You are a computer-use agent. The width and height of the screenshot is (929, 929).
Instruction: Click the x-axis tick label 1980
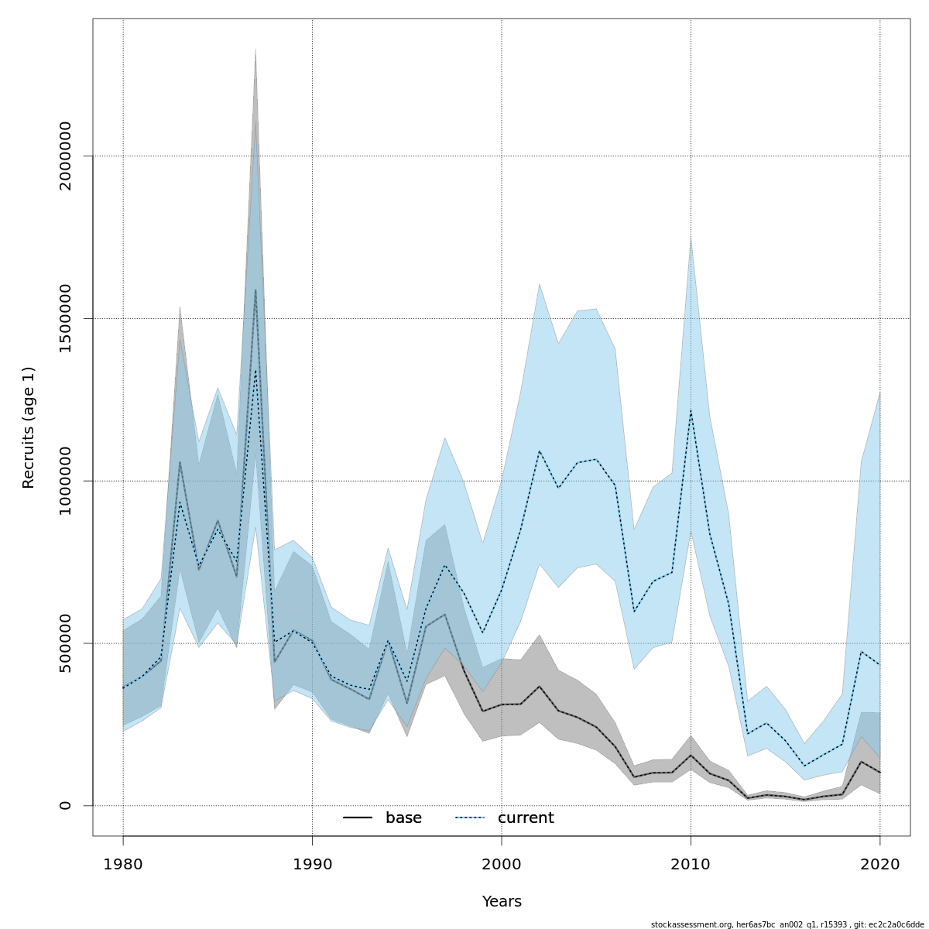[123, 864]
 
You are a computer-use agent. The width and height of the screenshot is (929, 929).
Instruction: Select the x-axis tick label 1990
[312, 864]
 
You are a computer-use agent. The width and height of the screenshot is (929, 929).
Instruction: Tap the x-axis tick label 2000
[502, 864]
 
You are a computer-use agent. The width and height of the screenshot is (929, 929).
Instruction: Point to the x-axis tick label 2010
[691, 864]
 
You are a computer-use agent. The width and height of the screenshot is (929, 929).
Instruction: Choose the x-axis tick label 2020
[879, 864]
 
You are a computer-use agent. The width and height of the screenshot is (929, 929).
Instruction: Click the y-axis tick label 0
[65, 805]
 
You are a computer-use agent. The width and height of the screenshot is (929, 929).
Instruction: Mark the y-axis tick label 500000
[65, 643]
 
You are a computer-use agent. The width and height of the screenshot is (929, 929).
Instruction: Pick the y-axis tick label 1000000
[65, 481]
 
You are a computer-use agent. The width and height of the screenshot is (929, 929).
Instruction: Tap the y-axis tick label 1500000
[65, 318]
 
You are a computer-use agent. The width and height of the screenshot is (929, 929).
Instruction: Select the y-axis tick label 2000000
[65, 156]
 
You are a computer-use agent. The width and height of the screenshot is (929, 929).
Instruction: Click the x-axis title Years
[502, 902]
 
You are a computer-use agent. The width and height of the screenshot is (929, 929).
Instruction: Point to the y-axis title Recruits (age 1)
[29, 427]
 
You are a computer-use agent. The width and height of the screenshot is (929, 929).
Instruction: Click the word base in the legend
[403, 818]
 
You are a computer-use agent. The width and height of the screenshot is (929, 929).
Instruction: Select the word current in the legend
[526, 818]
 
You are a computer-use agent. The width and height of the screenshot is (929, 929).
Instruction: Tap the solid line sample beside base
[358, 818]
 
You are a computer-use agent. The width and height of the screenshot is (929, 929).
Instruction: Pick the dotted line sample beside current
[470, 818]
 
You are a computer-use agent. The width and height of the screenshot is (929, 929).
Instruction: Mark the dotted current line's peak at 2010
[691, 410]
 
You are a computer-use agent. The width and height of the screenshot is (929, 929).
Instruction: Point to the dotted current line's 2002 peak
[540, 451]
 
